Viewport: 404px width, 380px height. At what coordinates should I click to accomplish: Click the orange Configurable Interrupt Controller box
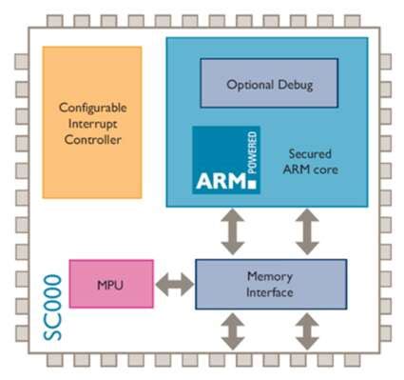[x=91, y=122]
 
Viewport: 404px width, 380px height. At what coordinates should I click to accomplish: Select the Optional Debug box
[x=269, y=84]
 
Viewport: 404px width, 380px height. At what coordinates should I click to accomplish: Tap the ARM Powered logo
[x=226, y=160]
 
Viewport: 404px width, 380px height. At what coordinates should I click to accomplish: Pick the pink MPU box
[x=110, y=283]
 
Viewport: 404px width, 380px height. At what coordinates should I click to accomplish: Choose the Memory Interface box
[x=270, y=283]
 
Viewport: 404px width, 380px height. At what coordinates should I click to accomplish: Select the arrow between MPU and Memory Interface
[x=174, y=283]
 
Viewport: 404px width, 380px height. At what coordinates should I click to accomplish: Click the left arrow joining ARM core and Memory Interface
[x=231, y=231]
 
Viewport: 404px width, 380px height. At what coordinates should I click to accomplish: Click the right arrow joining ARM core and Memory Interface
[x=306, y=231]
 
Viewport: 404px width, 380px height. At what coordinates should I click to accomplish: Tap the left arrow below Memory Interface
[x=231, y=330]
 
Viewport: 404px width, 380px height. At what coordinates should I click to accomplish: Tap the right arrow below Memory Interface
[x=306, y=330]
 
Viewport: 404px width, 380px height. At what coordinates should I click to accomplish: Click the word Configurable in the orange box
[x=91, y=107]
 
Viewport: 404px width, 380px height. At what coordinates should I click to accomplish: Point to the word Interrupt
[x=91, y=123]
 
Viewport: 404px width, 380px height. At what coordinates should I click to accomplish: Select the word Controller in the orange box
[x=91, y=139]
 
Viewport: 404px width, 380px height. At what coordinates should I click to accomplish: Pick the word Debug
[x=295, y=84]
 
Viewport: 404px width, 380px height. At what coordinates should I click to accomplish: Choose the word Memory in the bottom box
[x=270, y=275]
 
